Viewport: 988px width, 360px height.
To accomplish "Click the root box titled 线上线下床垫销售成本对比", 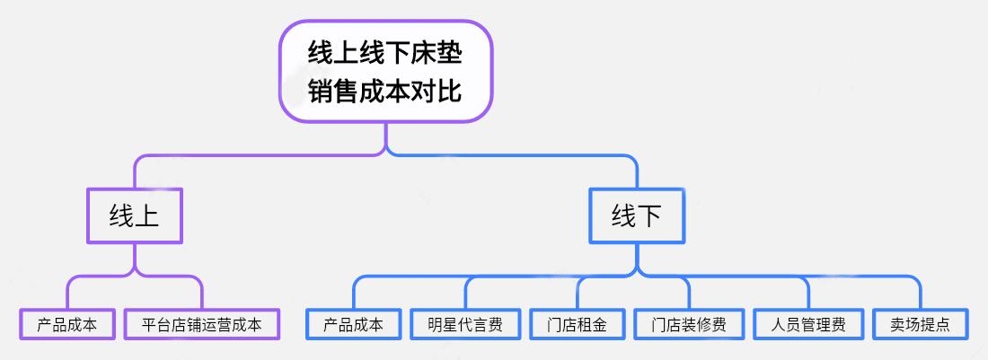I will [386, 71].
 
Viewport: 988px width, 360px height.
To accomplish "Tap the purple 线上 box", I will [135, 215].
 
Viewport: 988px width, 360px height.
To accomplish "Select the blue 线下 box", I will [636, 215].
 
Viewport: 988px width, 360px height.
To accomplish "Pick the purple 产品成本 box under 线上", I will [67, 324].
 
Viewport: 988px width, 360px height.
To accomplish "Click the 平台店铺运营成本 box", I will [202, 324].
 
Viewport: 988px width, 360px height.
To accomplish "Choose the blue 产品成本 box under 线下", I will [353, 324].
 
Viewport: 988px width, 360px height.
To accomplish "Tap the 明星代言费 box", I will [465, 324].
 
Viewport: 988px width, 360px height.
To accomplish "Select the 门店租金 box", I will [577, 324].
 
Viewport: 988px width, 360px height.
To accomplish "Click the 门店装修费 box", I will [689, 324].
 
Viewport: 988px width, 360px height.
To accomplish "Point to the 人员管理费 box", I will [808, 324].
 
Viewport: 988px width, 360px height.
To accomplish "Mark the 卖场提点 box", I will [921, 324].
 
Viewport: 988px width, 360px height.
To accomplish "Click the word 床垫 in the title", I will [437, 52].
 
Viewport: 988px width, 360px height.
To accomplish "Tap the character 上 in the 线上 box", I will [146, 215].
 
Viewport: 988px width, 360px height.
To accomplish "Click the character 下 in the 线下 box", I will [648, 215].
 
